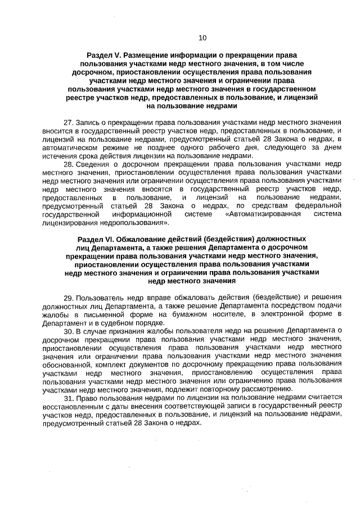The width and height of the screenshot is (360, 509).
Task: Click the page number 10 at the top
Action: pyautogui.click(x=202, y=38)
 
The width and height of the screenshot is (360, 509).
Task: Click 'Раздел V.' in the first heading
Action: pyautogui.click(x=103, y=56)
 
